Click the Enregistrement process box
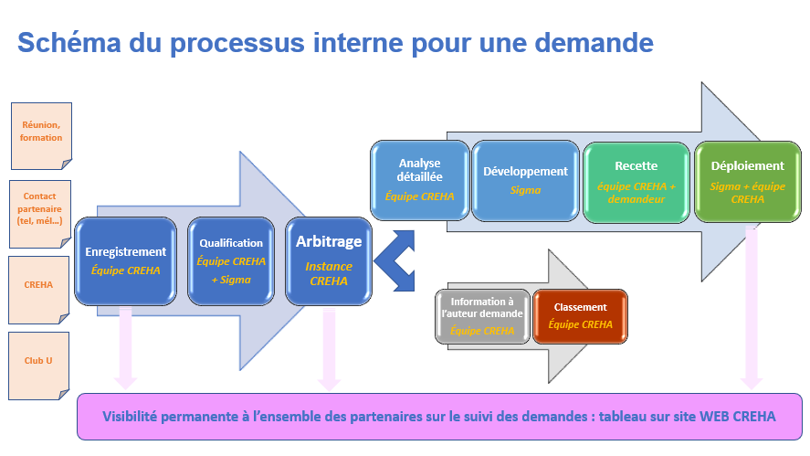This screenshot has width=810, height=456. point(125,260)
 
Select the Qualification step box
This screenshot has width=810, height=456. point(231,260)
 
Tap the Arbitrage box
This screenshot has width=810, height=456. point(328,260)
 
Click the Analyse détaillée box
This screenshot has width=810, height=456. point(419,181)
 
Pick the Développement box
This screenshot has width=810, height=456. point(525,181)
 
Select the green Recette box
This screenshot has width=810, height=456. point(636,181)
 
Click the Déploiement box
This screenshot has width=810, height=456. point(747,181)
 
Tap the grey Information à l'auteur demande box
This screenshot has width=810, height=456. point(482,316)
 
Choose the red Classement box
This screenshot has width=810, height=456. point(580,316)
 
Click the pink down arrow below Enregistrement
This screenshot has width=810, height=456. point(126,347)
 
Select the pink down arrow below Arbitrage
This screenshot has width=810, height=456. point(329,347)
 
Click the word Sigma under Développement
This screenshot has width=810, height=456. point(525,190)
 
